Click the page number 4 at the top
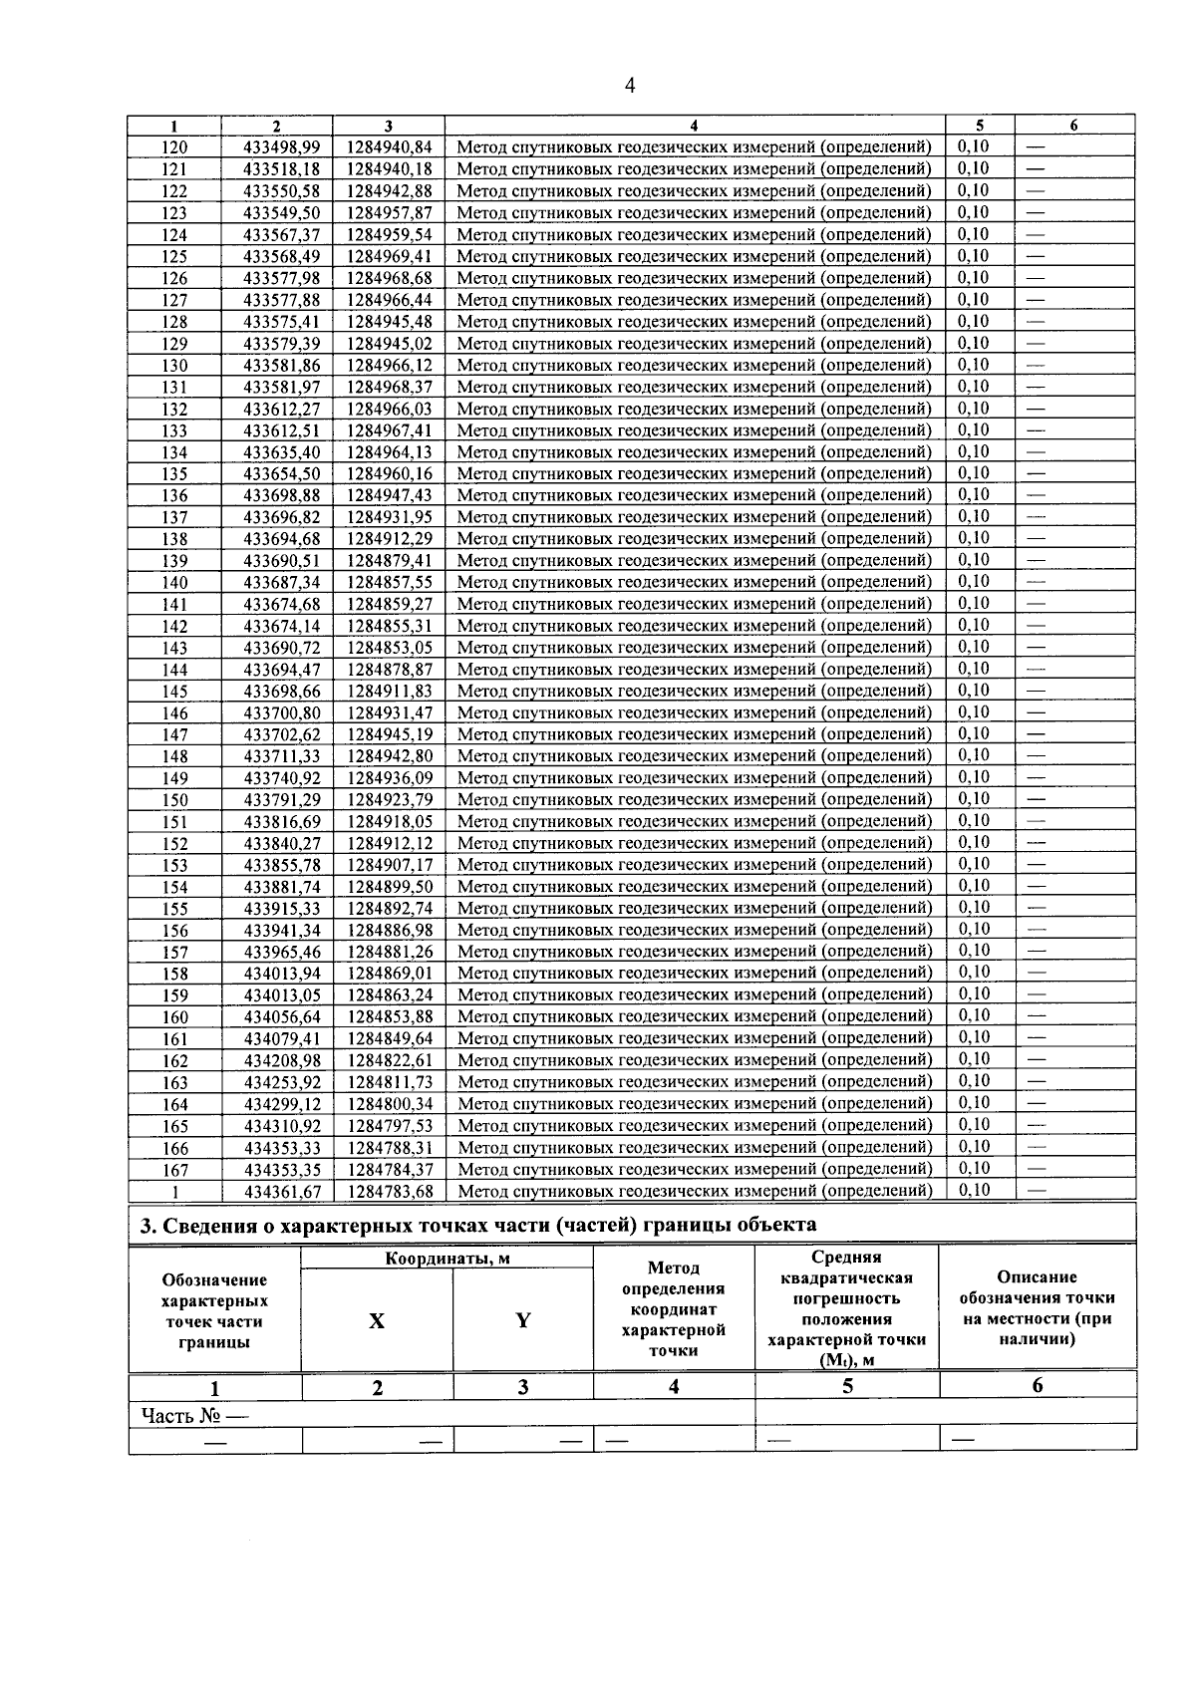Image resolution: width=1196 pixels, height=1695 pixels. click(629, 86)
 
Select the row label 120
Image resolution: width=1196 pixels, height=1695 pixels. click(174, 147)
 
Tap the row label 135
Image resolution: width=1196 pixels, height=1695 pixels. click(174, 474)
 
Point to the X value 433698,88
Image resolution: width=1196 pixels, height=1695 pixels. click(282, 495)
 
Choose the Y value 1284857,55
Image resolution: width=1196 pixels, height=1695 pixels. click(390, 583)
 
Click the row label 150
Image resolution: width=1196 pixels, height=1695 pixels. click(174, 800)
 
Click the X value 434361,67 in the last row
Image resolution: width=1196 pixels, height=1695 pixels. click(282, 1192)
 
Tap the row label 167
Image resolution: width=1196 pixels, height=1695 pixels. click(174, 1170)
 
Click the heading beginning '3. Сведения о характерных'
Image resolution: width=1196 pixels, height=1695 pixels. click(477, 1226)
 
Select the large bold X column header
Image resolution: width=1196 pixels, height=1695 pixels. click(377, 1321)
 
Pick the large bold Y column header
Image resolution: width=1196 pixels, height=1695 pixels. click(522, 1321)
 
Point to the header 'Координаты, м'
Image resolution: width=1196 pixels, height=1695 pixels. click(448, 1259)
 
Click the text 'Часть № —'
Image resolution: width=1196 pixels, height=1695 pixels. click(194, 1415)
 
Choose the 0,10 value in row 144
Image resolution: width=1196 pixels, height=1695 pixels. click(974, 670)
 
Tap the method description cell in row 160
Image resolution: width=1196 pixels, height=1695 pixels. click(695, 1016)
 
